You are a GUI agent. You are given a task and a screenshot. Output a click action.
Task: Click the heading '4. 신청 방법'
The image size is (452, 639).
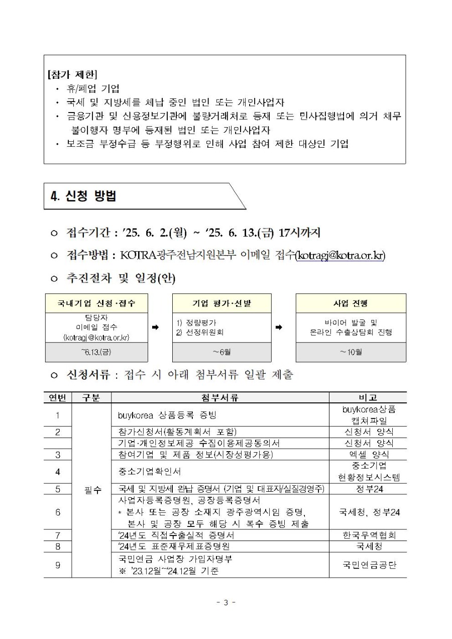coord(83,196)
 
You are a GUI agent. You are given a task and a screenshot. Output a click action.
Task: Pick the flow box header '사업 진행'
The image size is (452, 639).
coord(351,303)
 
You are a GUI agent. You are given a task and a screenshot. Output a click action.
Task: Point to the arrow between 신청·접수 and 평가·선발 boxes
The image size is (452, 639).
coord(155,327)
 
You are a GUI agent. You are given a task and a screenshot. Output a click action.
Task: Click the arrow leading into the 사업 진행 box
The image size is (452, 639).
coord(279,327)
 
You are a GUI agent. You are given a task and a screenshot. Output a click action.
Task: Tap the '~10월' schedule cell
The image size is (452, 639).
coord(351,352)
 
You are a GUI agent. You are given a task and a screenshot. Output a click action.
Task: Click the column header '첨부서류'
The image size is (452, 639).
coord(220,397)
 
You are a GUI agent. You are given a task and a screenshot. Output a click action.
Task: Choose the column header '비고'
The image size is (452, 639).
coord(368,397)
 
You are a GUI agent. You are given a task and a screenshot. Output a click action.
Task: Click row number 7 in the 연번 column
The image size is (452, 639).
coord(58,535)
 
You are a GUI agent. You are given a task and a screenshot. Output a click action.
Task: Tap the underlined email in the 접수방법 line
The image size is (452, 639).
coord(341,256)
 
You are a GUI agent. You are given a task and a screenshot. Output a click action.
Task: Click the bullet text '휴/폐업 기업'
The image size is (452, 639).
coord(93,89)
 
